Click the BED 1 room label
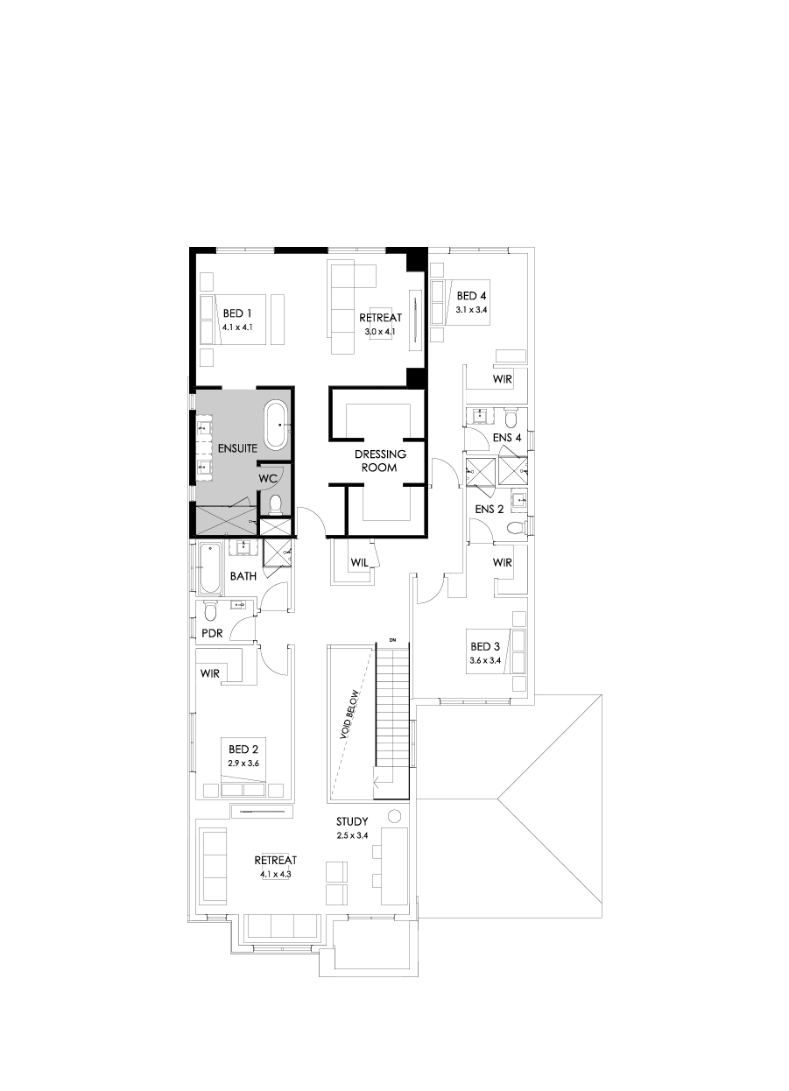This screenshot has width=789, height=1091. pos(237,313)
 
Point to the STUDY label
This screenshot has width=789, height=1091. pos(352,822)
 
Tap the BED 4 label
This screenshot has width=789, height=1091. pos(471,296)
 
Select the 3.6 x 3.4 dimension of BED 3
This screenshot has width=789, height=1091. pos(484,660)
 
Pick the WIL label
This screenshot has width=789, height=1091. pos(357,563)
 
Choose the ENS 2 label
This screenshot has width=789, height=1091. pos(489,508)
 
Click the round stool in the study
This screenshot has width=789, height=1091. pos(395,817)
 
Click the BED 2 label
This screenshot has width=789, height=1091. pos(243,750)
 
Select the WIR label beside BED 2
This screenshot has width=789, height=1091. pos(210,674)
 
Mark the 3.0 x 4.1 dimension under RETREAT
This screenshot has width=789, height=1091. pos(379,332)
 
